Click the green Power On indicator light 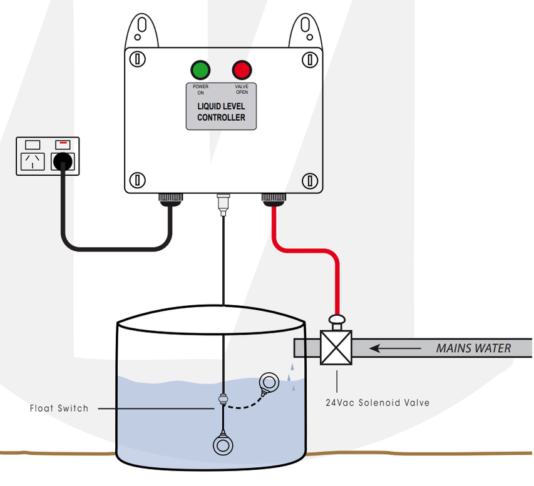click(x=201, y=69)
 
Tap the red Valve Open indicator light click(x=241, y=69)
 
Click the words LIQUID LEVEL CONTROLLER click(x=221, y=112)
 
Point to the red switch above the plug click(x=63, y=143)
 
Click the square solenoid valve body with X click(x=336, y=348)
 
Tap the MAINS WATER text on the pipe click(x=474, y=348)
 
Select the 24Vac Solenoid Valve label click(x=377, y=402)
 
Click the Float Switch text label click(x=59, y=408)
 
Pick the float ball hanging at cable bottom click(x=223, y=445)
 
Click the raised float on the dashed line click(x=270, y=382)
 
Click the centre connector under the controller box click(x=222, y=203)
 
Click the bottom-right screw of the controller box click(x=308, y=181)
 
